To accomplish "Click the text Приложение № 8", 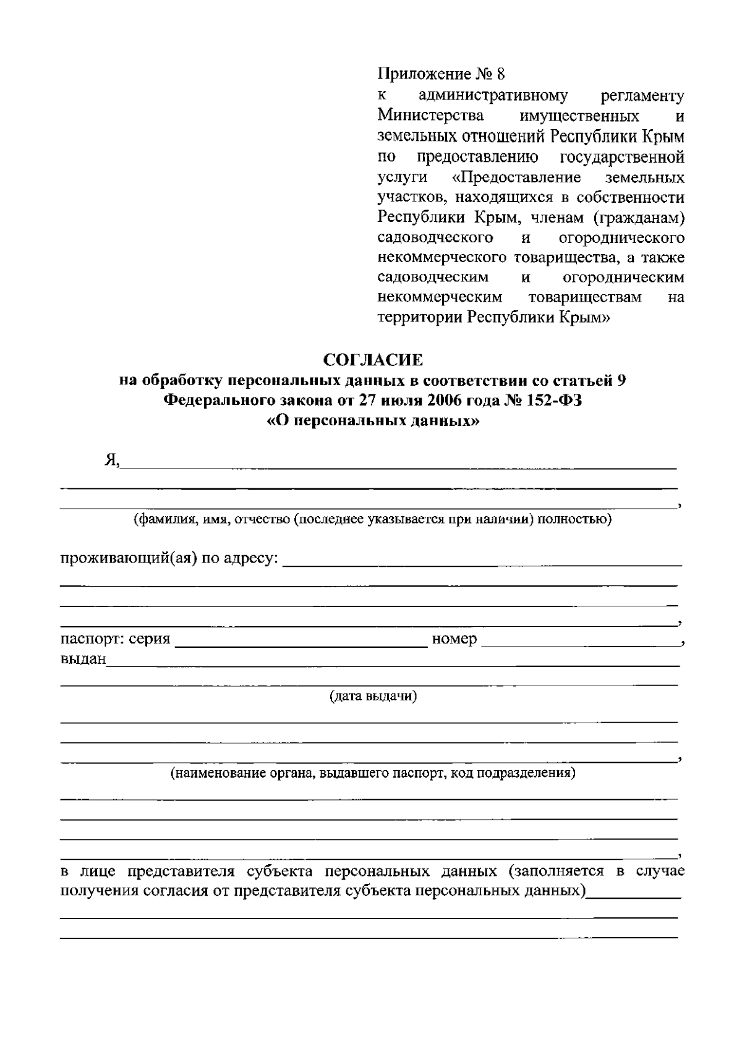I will (441, 75).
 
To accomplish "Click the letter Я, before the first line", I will (113, 461).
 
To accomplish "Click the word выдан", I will (83, 660).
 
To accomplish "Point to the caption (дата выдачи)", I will (373, 697).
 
